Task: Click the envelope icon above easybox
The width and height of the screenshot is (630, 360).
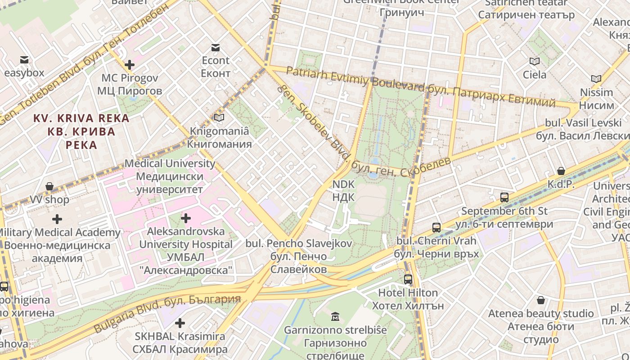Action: pyautogui.click(x=24, y=59)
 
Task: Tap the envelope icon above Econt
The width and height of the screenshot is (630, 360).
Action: pyautogui.click(x=216, y=47)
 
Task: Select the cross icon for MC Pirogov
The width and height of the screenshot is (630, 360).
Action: pyautogui.click(x=130, y=65)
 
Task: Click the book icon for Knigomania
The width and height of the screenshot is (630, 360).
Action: pyautogui.click(x=219, y=118)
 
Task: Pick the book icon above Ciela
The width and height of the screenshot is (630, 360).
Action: pyautogui.click(x=535, y=62)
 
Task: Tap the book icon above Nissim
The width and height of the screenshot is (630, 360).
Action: pyautogui.click(x=596, y=79)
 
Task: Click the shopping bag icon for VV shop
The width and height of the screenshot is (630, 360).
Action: pyautogui.click(x=49, y=187)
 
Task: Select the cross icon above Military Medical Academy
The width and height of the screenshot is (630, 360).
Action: pyautogui.click(x=57, y=220)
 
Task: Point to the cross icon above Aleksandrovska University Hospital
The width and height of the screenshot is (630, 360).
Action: pyautogui.click(x=186, y=219)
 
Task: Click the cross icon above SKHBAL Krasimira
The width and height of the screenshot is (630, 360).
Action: pyautogui.click(x=180, y=323)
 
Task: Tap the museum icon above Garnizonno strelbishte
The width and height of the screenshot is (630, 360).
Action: pyautogui.click(x=335, y=317)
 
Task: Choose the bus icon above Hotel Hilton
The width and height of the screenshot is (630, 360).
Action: pyautogui.click(x=408, y=279)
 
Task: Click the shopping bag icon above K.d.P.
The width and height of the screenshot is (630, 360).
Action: pyautogui.click(x=561, y=171)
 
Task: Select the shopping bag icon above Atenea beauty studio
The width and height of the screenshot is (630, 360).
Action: pyautogui.click(x=541, y=300)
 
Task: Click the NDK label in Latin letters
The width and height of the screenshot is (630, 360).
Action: pyautogui.click(x=343, y=184)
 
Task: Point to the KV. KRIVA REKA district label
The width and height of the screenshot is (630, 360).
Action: pyautogui.click(x=81, y=119)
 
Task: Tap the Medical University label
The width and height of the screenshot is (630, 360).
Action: pyautogui.click(x=170, y=163)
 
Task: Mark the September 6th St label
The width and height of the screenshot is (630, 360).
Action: pyautogui.click(x=504, y=211)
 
